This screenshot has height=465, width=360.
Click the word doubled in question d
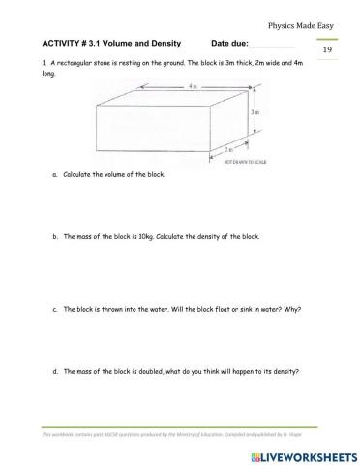(x=147, y=371)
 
